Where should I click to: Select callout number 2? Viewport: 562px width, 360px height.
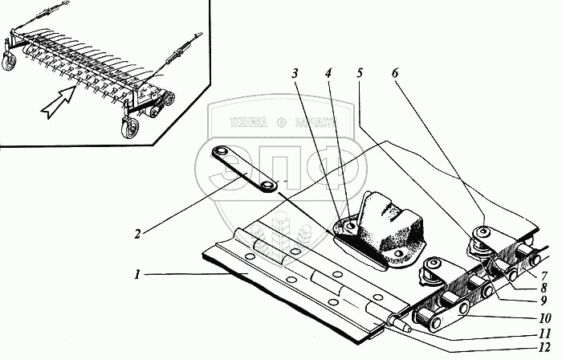coord(137,234)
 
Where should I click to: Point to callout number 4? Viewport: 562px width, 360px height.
coord(328,73)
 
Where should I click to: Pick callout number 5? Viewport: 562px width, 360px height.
coord(360,73)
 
